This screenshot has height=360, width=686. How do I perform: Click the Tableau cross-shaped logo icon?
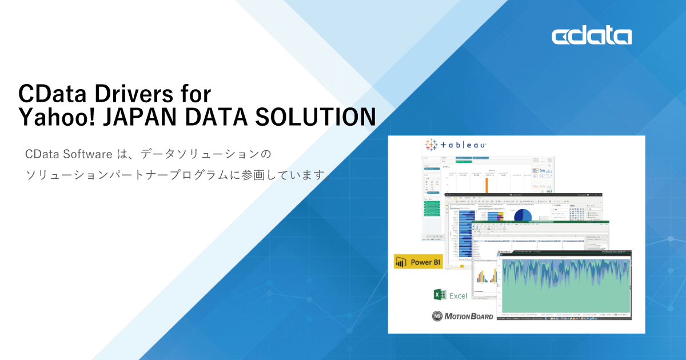(432, 145)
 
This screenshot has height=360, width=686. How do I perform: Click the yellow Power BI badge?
(418, 262)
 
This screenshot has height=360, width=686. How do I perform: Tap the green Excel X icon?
(440, 295)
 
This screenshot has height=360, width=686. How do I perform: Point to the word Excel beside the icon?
(458, 295)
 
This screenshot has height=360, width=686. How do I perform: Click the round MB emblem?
(438, 316)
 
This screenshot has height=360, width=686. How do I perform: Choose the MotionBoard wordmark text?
(470, 316)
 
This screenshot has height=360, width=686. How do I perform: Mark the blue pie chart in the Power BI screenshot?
(523, 215)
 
